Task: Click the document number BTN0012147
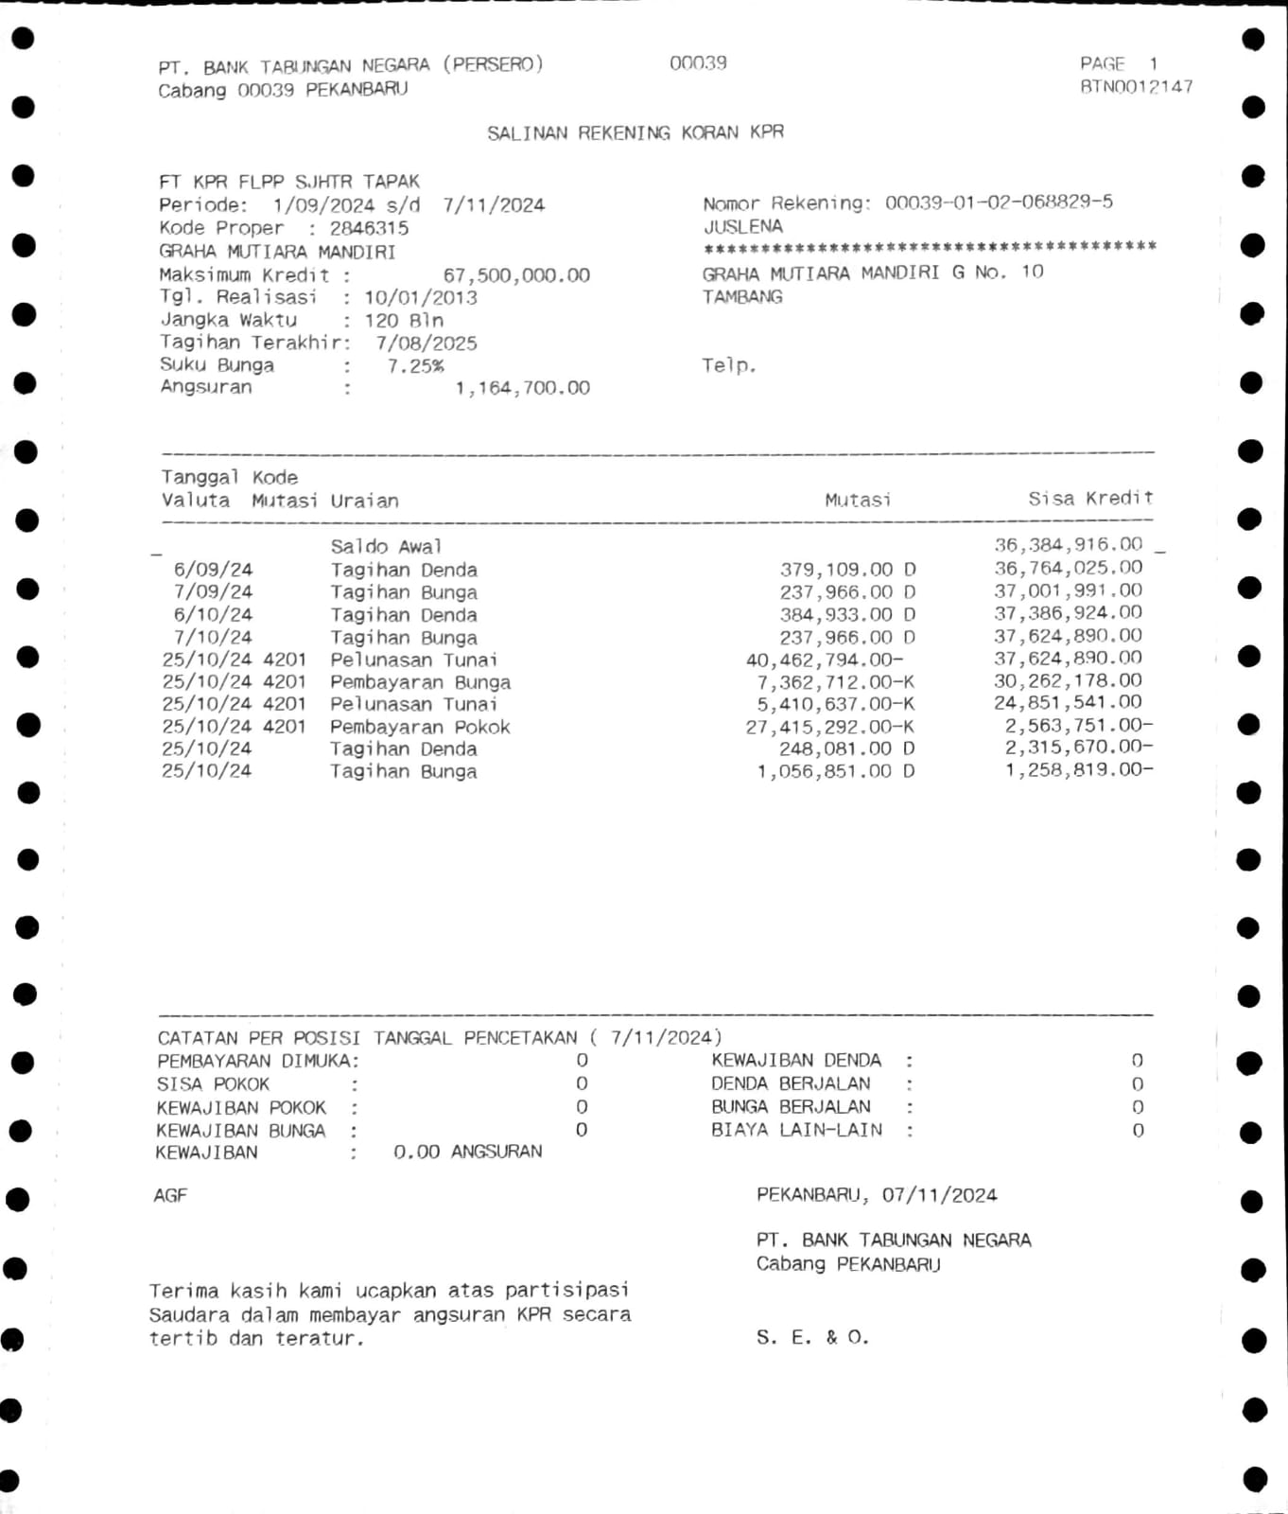[1136, 87]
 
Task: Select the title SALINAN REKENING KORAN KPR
[635, 132]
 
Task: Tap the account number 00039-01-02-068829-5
[999, 202]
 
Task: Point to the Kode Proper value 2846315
[369, 228]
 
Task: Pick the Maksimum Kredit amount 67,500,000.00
[516, 275]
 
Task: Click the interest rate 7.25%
[415, 366]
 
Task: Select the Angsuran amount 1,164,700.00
[522, 388]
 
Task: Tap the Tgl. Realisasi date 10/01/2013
[421, 298]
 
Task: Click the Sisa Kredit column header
[1090, 499]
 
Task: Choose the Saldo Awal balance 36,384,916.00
[1068, 545]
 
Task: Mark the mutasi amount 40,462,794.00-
[825, 660]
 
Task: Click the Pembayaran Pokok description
[420, 727]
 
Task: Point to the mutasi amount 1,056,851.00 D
[835, 771]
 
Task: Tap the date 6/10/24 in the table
[213, 615]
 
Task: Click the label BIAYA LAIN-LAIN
[796, 1130]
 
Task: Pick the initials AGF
[170, 1196]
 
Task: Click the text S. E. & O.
[812, 1338]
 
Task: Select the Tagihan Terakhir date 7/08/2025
[426, 343]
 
